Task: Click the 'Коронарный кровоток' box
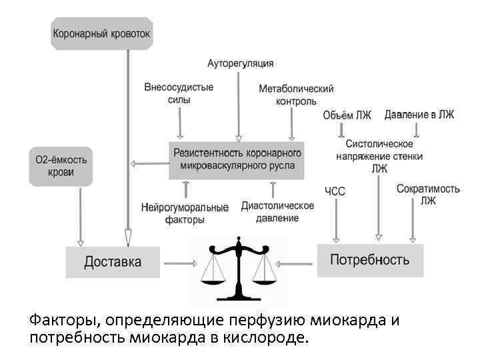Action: (101, 33)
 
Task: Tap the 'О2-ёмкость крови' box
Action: (61, 166)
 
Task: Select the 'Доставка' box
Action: (113, 262)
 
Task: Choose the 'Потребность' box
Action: (369, 260)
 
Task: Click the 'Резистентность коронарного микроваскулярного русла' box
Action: (237, 159)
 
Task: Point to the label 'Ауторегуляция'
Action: (240, 63)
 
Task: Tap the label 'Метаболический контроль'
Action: (296, 95)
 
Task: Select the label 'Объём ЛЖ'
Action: (347, 115)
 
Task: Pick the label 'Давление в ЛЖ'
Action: (419, 115)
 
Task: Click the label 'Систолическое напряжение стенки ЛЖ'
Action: (379, 156)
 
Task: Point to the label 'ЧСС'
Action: (335, 192)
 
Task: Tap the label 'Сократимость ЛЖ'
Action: (427, 195)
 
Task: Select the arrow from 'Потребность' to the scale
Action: (296, 263)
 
